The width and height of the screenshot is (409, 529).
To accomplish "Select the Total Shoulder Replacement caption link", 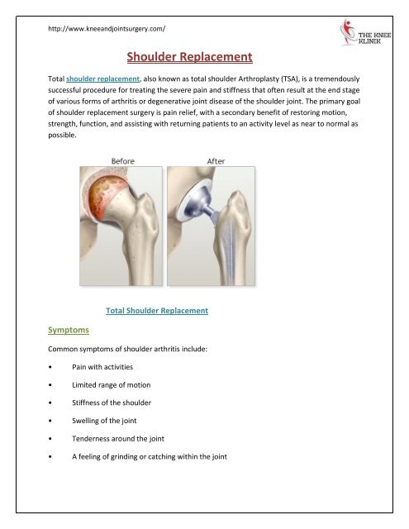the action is pos(157,311).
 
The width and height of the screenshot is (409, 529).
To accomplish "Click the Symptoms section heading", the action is pos(71,330).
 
